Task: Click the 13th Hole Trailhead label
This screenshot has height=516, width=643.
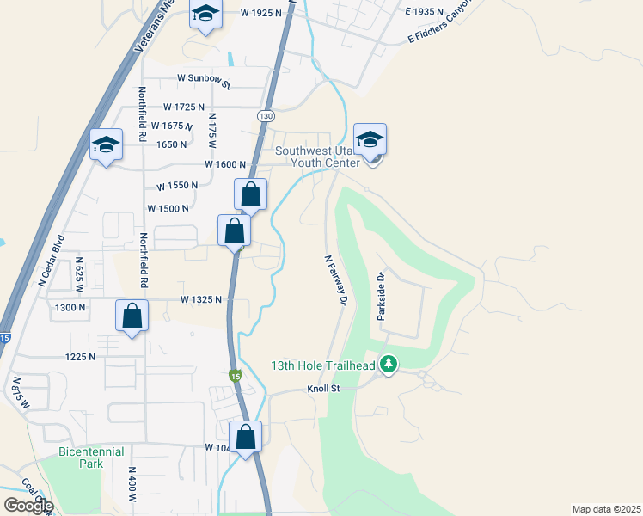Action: click(x=323, y=366)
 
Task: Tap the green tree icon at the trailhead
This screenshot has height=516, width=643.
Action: click(x=389, y=365)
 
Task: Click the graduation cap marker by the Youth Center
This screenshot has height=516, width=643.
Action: click(x=370, y=139)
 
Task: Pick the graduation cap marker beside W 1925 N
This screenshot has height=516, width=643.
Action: click(x=205, y=15)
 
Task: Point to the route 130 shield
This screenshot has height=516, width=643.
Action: click(x=265, y=115)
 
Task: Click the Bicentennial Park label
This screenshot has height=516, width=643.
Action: click(x=91, y=458)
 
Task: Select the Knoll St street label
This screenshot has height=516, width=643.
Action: click(x=324, y=390)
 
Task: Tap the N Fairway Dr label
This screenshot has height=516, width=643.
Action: click(x=334, y=279)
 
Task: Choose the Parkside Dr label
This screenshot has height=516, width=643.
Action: click(x=381, y=297)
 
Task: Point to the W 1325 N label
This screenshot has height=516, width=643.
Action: click(x=201, y=299)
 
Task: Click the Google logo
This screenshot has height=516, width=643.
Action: click(x=28, y=506)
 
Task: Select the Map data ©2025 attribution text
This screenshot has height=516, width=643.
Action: click(x=607, y=509)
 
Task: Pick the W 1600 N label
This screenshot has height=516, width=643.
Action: click(x=225, y=164)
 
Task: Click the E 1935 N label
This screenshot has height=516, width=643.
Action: click(x=425, y=12)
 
